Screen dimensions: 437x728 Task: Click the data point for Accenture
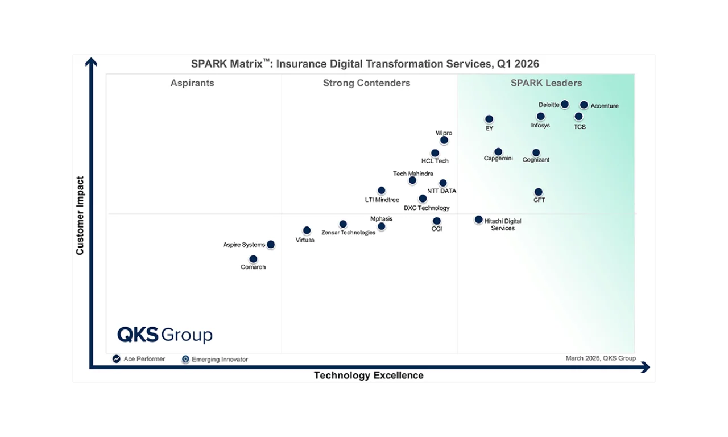(x=584, y=105)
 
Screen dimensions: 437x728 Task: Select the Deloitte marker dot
(x=564, y=104)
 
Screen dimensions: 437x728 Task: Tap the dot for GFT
(x=538, y=192)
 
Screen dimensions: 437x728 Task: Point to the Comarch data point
(x=253, y=259)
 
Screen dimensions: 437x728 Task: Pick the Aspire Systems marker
(x=271, y=245)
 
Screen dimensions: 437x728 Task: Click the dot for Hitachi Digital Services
(x=478, y=220)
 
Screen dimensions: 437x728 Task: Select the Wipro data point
(x=444, y=140)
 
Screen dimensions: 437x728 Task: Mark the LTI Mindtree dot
(x=381, y=191)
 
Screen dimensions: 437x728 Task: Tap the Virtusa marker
(x=307, y=230)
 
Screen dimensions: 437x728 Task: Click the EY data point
(x=489, y=119)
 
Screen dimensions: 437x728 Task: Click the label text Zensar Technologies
(x=348, y=232)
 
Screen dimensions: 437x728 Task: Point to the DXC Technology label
(x=427, y=208)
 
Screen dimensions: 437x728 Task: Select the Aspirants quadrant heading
(x=192, y=83)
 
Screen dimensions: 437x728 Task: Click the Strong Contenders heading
(x=366, y=83)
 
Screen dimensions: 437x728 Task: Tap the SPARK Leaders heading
(x=546, y=83)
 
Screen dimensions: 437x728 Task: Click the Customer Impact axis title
(x=80, y=215)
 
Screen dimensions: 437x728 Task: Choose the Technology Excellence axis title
(x=369, y=376)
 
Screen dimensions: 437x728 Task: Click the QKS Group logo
(x=165, y=335)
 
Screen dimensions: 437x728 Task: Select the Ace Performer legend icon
(x=117, y=359)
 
